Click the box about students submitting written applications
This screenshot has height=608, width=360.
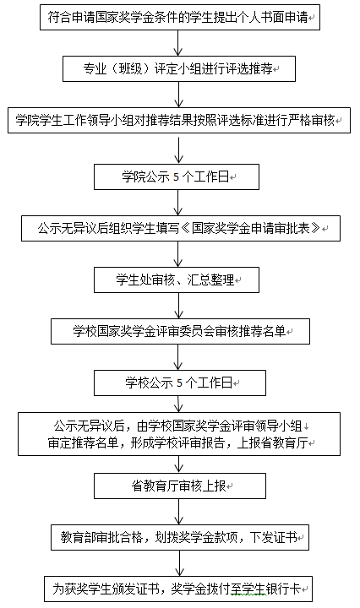[x=180, y=18]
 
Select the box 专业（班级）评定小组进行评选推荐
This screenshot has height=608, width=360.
[x=179, y=68]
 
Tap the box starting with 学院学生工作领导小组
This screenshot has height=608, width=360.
[x=179, y=120]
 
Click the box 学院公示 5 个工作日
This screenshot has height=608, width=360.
[x=177, y=176]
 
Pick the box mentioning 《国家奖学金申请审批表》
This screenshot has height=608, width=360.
[x=181, y=228]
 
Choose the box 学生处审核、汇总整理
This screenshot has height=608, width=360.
[x=177, y=280]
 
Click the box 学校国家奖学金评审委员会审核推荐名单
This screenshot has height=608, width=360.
[x=180, y=331]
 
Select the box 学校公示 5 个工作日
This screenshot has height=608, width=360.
[x=180, y=383]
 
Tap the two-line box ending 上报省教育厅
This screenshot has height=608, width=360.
[x=179, y=434]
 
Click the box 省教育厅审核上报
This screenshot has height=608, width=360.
[x=180, y=486]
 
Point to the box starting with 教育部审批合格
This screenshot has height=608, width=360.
[x=180, y=537]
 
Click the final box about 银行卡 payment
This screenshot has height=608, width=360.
[x=178, y=589]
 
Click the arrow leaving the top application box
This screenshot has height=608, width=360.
[x=178, y=43]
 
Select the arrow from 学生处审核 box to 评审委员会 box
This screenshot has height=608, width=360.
[x=178, y=306]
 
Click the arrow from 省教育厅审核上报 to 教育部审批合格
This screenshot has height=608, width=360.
[x=179, y=512]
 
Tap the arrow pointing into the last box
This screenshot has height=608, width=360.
[x=179, y=563]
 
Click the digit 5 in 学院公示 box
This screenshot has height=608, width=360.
[x=176, y=177]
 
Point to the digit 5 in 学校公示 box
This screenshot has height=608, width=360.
[x=179, y=383]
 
